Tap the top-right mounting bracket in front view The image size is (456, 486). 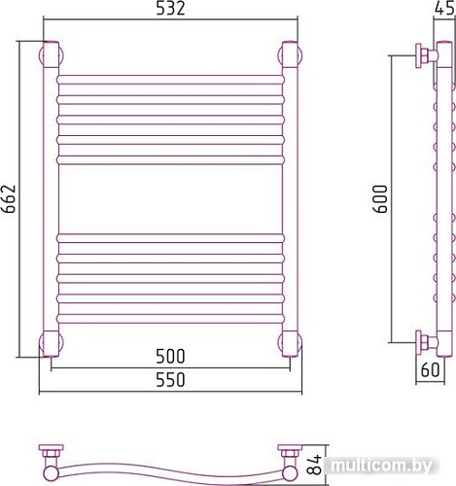pos(289,53)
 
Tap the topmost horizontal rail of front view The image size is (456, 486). pos(169,80)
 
